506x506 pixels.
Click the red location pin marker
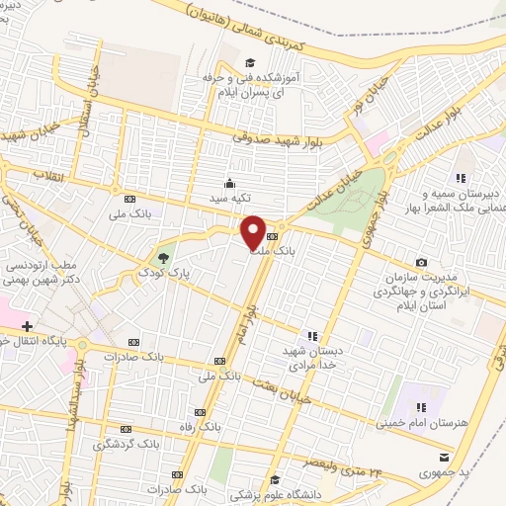[253, 231]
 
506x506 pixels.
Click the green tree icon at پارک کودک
[163, 251]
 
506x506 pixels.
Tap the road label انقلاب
[46, 175]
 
